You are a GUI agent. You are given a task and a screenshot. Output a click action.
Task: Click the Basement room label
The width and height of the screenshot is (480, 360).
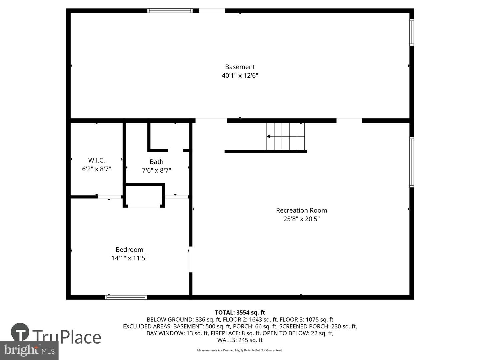[x=240, y=67]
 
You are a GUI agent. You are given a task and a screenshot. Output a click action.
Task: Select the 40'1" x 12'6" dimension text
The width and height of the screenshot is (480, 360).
[x=240, y=76]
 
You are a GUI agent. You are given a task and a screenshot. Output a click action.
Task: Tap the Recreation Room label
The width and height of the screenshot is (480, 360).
[x=301, y=210]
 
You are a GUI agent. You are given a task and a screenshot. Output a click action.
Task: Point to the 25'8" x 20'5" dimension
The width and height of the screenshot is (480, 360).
[x=301, y=219]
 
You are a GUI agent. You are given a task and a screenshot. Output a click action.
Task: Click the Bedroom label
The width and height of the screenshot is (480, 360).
[x=129, y=249]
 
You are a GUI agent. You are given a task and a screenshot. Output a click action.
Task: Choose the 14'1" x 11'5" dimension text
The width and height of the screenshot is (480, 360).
[x=129, y=258]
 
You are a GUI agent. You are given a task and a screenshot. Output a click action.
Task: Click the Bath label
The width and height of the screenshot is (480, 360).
[x=156, y=162]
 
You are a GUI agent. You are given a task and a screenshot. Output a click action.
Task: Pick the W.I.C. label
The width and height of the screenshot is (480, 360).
[x=96, y=160]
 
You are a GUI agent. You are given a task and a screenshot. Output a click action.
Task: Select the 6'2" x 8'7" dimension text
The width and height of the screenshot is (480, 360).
[x=96, y=169]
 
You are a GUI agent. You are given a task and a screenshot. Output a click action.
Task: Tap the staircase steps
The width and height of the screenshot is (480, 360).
[x=285, y=136]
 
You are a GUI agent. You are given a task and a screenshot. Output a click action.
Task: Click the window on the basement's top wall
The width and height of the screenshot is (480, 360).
[x=170, y=11]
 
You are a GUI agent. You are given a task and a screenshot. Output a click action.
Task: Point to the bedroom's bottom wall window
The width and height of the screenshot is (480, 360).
[x=126, y=297]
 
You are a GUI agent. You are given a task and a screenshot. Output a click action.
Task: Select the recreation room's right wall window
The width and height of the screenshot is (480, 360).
[x=412, y=162]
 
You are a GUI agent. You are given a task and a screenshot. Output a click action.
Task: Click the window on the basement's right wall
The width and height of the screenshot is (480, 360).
[x=412, y=32]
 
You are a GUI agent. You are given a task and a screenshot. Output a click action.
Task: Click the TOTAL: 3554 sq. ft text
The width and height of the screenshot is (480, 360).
[x=240, y=313]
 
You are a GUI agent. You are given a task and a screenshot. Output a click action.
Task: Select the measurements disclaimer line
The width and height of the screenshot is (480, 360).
[x=240, y=350]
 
